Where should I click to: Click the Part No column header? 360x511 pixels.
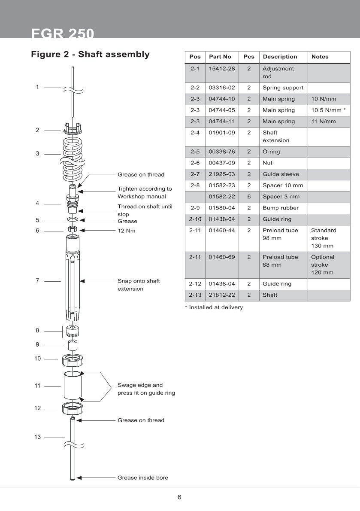click(x=220, y=57)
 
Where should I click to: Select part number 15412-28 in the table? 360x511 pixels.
click(x=222, y=69)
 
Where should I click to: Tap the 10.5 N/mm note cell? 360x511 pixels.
click(x=328, y=110)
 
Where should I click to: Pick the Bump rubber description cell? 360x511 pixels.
click(x=281, y=208)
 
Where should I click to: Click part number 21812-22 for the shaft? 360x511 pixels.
click(x=222, y=295)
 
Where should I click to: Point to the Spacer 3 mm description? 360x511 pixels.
click(x=281, y=197)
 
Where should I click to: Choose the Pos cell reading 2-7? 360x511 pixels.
click(x=195, y=174)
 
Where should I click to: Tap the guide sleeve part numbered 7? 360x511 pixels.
click(x=73, y=279)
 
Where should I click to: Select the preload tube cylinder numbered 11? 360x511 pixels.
click(x=73, y=386)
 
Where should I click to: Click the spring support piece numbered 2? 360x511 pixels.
click(x=73, y=128)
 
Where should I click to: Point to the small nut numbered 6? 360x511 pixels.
click(x=73, y=229)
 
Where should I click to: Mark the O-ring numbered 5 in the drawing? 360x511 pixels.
click(x=73, y=219)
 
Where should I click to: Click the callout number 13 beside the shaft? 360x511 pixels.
click(x=38, y=437)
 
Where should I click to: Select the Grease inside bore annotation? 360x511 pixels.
click(x=143, y=478)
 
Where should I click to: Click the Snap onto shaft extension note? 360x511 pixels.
click(x=139, y=285)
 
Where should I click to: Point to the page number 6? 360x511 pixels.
click(x=179, y=497)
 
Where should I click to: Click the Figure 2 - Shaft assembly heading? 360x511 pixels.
click(x=90, y=55)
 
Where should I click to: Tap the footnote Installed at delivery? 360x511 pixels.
click(x=214, y=307)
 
